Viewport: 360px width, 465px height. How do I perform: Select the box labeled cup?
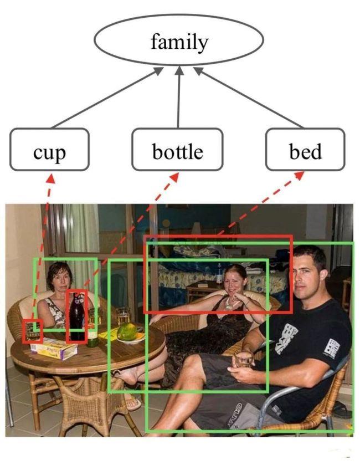tap(49, 150)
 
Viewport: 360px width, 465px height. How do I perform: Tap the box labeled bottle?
tap(177, 150)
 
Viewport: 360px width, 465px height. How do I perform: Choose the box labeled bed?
tap(305, 150)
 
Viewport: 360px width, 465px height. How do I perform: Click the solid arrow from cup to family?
tap(107, 98)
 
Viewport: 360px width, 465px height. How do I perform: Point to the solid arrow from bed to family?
tap(248, 98)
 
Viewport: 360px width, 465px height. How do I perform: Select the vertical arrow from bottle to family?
tap(178, 98)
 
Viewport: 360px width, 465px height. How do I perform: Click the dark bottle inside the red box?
tap(77, 316)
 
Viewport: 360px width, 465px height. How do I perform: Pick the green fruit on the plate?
tap(127, 332)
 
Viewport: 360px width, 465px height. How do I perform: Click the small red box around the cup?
tap(33, 331)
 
